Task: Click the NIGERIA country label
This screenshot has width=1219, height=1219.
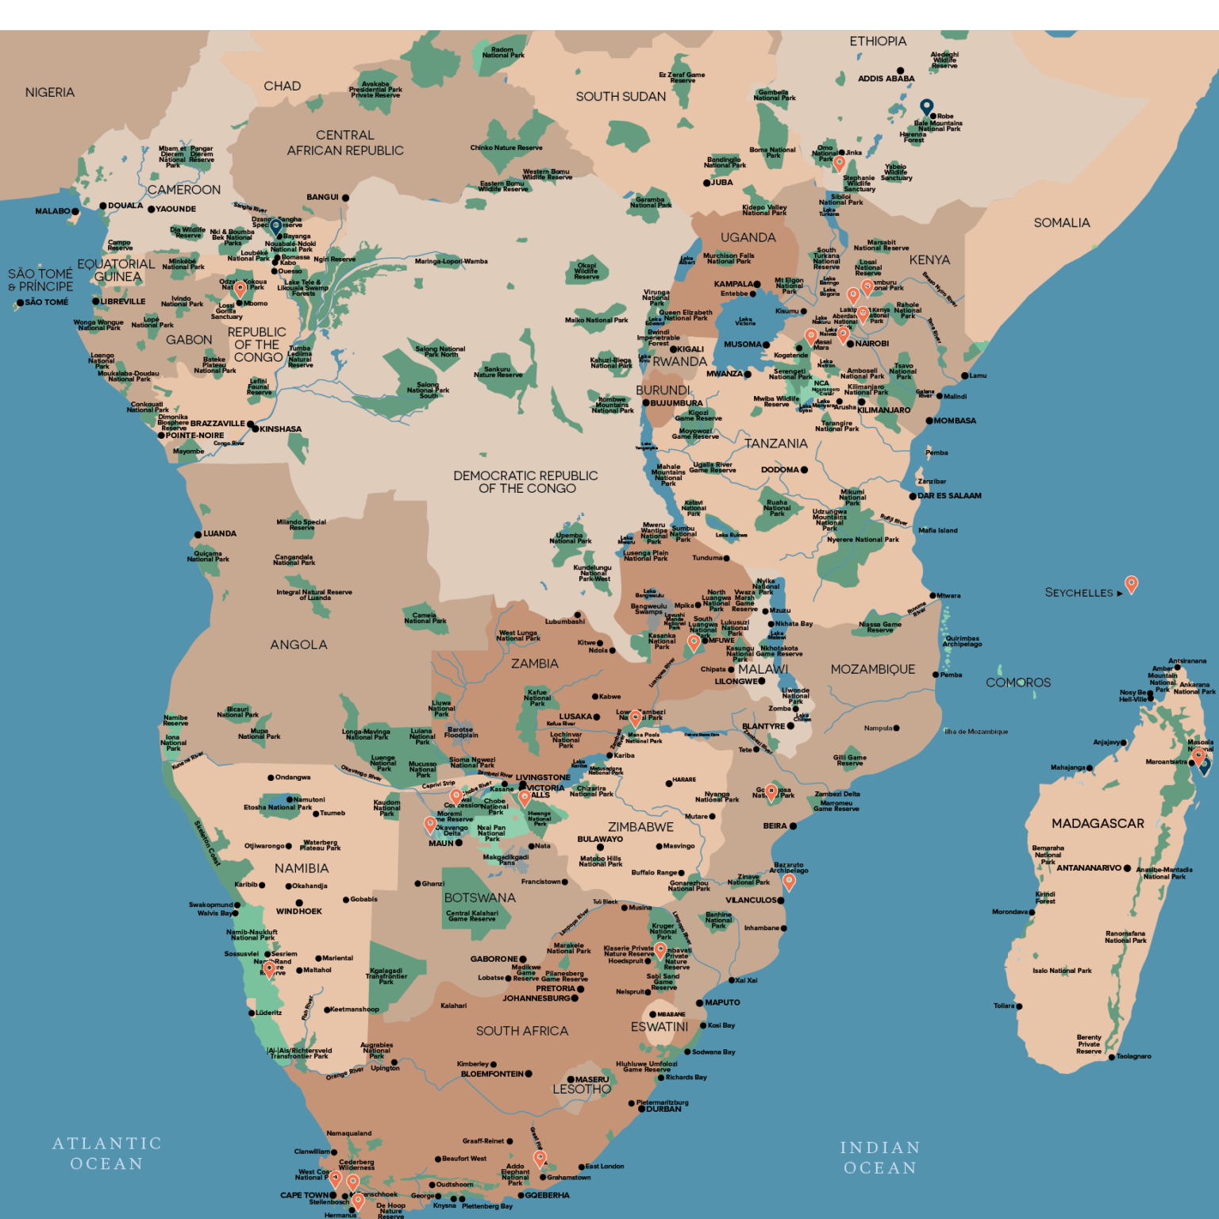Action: pos(50,93)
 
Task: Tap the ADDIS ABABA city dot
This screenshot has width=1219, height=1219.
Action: pos(900,71)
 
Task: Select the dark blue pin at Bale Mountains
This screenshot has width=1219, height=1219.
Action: pos(926,106)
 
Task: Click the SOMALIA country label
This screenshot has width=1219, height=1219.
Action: pos(1061,223)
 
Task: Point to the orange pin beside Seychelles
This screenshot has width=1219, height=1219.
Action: pos(1131,584)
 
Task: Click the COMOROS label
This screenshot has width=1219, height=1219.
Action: pos(1017,683)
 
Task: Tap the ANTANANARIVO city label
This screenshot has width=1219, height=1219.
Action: pos(1088,868)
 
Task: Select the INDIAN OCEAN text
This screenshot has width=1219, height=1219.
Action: pos(880,1158)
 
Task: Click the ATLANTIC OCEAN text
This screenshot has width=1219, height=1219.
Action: pos(107,1153)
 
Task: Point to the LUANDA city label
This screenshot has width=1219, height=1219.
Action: pos(220,534)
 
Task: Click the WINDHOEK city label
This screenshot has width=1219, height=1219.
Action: pos(298,912)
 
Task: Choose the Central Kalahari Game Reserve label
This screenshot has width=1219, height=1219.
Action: pos(471,916)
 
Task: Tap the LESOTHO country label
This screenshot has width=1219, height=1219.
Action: pos(582,1090)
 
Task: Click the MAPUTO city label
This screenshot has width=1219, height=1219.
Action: pos(722,1003)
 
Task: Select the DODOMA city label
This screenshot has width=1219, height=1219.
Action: pos(779,470)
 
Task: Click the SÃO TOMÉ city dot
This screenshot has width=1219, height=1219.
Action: pos(20,302)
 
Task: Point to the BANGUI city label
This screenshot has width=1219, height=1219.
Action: pos(322,198)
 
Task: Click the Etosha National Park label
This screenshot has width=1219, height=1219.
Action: pos(277,807)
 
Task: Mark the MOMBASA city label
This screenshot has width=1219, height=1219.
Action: pos(955,421)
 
